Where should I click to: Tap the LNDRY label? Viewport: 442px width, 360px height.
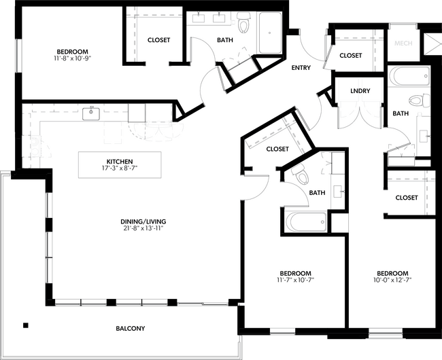(360, 91)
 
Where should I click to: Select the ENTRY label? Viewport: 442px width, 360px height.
(301, 68)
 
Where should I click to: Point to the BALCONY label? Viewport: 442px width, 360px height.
(131, 329)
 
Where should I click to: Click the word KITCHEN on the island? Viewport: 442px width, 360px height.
(120, 162)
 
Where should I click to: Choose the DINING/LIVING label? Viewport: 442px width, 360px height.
(141, 221)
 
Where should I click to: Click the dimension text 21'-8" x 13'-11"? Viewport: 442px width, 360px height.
(141, 229)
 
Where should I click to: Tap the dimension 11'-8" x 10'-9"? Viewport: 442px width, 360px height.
(71, 60)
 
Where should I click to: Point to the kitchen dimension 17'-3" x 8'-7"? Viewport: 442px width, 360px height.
(120, 169)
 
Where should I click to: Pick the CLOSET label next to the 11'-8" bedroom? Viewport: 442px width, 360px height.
(158, 40)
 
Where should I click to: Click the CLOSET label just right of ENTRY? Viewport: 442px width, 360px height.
(350, 56)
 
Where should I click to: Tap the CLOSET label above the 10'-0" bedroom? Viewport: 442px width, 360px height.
(406, 198)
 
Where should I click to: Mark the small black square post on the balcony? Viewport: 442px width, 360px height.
(25, 324)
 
